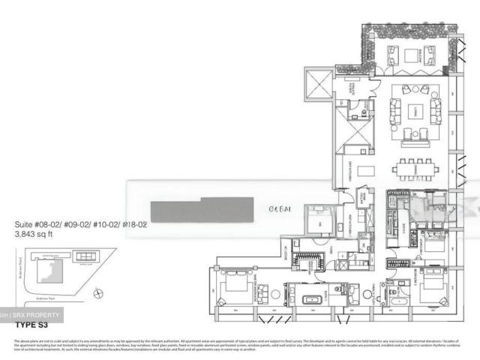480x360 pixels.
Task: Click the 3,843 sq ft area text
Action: point(37,233)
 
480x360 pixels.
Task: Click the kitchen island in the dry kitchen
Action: point(366,171)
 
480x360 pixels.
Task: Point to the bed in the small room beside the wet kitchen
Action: point(319,221)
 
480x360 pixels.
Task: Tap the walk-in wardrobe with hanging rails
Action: point(308,261)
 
